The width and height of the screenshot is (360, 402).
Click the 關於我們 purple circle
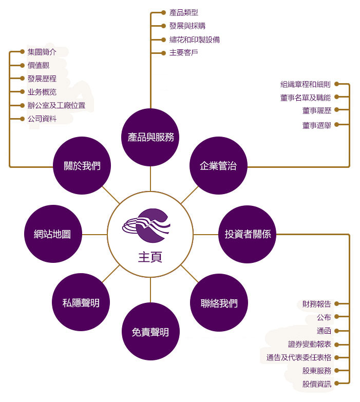point(82,166)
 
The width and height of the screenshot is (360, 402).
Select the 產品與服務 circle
point(150,137)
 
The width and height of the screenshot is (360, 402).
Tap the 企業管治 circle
point(218,166)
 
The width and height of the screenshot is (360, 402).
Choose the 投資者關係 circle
point(248,234)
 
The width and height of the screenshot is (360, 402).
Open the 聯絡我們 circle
point(219,303)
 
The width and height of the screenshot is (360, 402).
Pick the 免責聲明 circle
point(150,332)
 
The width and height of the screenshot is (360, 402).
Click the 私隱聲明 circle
point(81,302)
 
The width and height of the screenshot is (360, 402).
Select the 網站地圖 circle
point(53,234)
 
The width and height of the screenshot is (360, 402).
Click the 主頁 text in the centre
point(150,257)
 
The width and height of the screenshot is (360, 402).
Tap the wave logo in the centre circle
point(146,226)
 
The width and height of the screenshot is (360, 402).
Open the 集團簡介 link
point(42,52)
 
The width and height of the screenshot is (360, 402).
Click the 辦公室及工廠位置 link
point(56,105)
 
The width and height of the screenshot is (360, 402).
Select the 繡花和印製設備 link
point(195,40)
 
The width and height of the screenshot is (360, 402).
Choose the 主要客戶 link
point(183,53)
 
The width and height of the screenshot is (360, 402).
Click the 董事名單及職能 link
point(306,98)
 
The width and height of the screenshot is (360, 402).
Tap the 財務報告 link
point(317,304)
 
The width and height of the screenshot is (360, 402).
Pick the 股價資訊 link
point(317,384)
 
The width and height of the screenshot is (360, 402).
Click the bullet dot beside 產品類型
point(163,12)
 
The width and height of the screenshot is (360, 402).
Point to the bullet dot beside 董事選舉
point(337,125)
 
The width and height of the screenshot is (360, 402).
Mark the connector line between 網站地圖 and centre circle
point(94,234)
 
